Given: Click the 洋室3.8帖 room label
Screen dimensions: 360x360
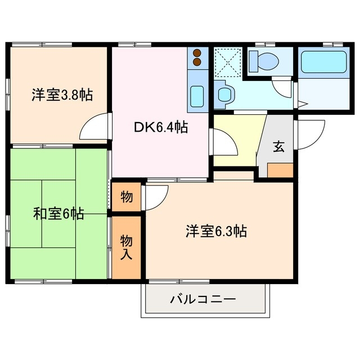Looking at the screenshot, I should [x=62, y=94].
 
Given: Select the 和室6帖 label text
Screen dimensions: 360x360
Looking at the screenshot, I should [x=58, y=214].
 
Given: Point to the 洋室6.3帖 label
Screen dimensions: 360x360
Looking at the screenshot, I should [x=217, y=230].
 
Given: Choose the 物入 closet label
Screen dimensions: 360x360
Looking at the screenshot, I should [x=127, y=247].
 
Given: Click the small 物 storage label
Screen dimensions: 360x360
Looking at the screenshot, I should [x=127, y=197].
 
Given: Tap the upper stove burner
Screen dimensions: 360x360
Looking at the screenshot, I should [x=197, y=53].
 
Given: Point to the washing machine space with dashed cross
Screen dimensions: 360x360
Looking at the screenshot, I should [x=228, y=62].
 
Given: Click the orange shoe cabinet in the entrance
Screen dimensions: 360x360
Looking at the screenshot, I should [x=280, y=170].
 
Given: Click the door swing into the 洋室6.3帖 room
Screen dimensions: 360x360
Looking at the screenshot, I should [x=156, y=195].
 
